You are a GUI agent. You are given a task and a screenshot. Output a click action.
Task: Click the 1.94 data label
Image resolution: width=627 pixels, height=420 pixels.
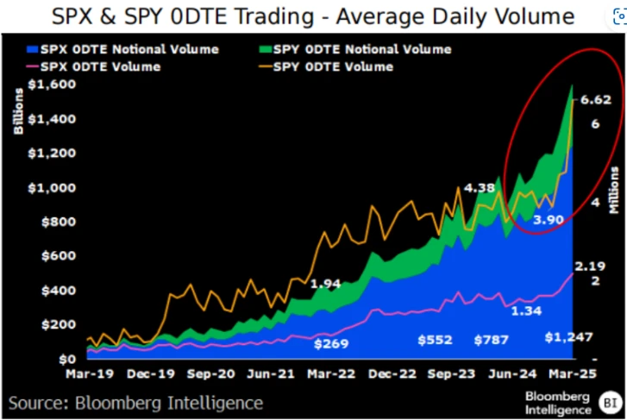click(x=326, y=283)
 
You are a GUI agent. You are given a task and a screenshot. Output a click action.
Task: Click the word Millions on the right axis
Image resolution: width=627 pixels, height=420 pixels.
click(x=614, y=190)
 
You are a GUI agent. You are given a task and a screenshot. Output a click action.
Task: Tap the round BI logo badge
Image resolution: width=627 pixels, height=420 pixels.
click(x=610, y=402)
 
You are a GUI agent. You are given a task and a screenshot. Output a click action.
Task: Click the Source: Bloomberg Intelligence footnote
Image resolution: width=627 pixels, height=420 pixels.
click(x=136, y=403)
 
